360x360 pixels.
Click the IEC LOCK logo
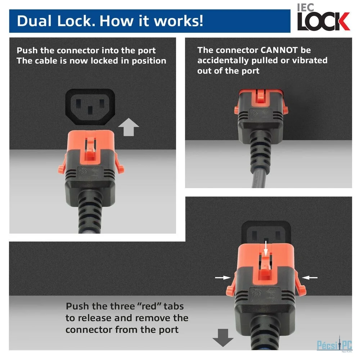pyautogui.click(x=324, y=17)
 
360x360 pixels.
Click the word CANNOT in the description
pyautogui.click(x=279, y=50)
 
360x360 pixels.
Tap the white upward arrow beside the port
pyautogui.click(x=129, y=127)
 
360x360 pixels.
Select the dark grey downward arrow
pyautogui.click(x=223, y=338)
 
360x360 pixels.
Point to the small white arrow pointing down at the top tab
pyautogui.click(x=266, y=248)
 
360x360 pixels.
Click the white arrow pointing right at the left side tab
pyautogui.click(x=223, y=278)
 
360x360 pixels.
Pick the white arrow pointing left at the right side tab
pyautogui.click(x=310, y=278)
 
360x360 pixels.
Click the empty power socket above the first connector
pyautogui.click(x=90, y=107)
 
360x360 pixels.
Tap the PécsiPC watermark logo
pyautogui.click(x=334, y=345)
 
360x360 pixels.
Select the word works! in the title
pyautogui.click(x=179, y=21)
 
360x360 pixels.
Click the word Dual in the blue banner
pyautogui.click(x=34, y=21)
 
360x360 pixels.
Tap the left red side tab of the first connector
pyautogui.click(x=62, y=166)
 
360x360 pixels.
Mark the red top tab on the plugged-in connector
pyautogui.click(x=260, y=96)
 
